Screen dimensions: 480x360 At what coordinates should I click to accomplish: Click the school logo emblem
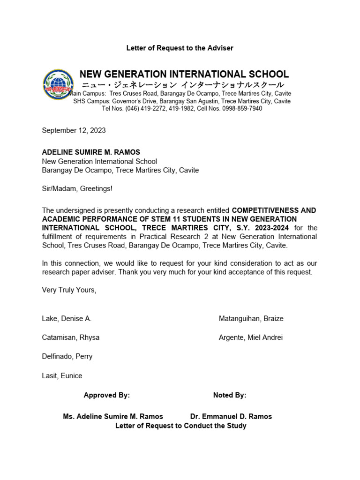click(58, 85)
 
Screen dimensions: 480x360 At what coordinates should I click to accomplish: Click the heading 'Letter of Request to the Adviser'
click(180, 48)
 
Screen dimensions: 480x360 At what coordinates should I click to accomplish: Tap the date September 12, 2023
click(74, 130)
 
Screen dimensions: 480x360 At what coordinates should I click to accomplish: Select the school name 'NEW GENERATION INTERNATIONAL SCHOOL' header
click(184, 74)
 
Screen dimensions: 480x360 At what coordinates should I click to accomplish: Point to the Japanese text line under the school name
click(183, 85)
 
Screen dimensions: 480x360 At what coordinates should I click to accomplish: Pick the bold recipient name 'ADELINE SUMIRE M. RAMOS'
click(91, 152)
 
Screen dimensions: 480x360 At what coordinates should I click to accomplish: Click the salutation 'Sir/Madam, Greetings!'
click(77, 188)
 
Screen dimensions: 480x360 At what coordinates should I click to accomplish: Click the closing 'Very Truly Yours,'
click(69, 290)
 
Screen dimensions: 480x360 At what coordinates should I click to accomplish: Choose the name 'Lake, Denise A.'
click(67, 319)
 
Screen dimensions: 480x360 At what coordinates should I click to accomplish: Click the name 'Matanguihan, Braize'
click(251, 319)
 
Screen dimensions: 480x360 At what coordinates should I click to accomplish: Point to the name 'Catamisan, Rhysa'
click(70, 337)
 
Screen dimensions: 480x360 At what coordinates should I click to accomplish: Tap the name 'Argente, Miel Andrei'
click(250, 337)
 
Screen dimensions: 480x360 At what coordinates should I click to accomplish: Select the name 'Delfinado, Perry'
click(67, 356)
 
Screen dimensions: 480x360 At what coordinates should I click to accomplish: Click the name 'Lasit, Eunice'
click(62, 375)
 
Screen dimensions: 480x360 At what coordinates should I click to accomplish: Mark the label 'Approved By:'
click(106, 395)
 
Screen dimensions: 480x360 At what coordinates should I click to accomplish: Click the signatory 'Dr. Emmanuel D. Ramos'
click(231, 416)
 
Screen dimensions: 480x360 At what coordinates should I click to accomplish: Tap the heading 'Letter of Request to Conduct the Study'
click(180, 426)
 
